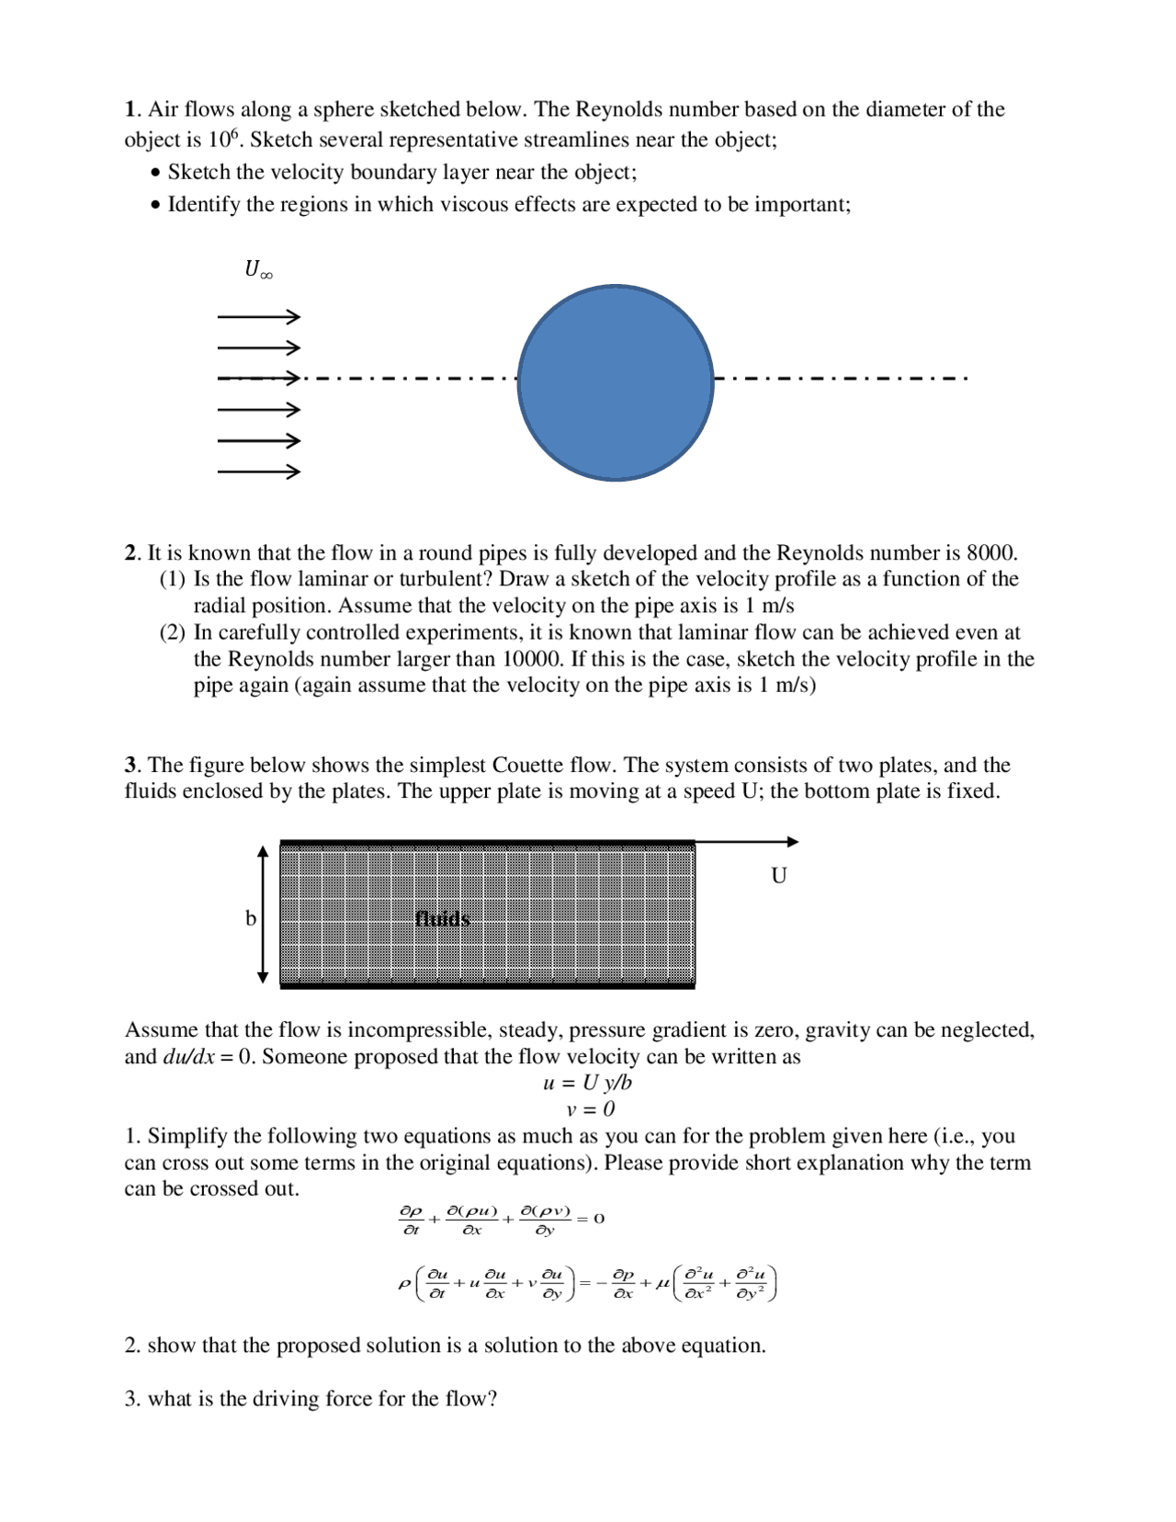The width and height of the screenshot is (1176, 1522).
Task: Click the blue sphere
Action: (x=616, y=382)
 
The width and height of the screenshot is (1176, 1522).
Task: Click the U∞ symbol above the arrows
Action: (x=257, y=269)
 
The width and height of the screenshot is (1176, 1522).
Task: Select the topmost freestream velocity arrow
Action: (x=258, y=317)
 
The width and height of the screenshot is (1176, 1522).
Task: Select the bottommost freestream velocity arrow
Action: (x=258, y=472)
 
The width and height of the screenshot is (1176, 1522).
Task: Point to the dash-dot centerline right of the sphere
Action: (x=840, y=378)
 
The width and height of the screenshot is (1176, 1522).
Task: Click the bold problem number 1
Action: (x=130, y=109)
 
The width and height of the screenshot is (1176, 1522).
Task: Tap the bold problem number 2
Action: (x=130, y=553)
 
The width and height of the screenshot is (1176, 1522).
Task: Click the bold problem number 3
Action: (x=130, y=766)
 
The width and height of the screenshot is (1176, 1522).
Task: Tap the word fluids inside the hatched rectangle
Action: (x=442, y=918)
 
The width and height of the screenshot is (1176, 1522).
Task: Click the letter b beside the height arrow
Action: (x=250, y=918)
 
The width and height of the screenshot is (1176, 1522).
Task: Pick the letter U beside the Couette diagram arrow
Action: (x=778, y=876)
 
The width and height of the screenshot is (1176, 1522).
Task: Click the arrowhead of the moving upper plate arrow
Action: (x=793, y=842)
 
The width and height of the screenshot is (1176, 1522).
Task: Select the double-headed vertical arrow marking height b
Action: (x=263, y=914)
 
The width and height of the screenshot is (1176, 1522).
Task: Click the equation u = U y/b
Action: (x=587, y=1083)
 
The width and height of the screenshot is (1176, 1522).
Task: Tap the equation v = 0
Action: (x=590, y=1109)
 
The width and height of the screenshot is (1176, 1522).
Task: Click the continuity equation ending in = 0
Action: (x=501, y=1220)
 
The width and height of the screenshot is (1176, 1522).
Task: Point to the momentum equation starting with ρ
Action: (x=588, y=1283)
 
